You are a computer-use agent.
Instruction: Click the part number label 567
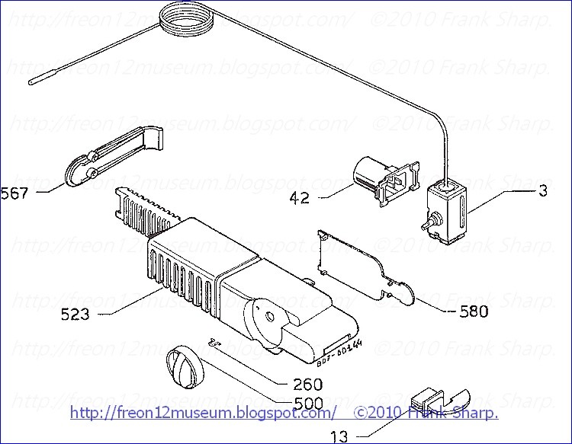(14, 193)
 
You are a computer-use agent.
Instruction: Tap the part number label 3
(543, 192)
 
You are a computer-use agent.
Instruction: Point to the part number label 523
(75, 312)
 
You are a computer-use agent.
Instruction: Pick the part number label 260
(302, 385)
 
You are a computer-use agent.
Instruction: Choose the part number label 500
(302, 403)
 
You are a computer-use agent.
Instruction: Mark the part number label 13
(339, 437)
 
